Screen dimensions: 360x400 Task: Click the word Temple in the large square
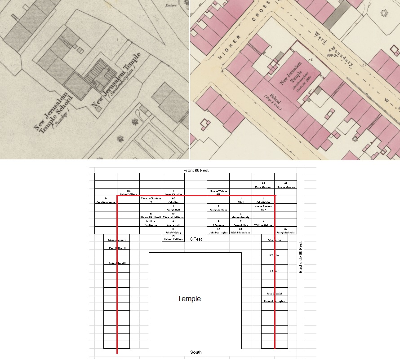189,299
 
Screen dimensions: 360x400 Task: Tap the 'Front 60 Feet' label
196,171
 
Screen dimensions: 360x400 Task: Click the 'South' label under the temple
196,352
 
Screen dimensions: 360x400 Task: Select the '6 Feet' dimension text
196,239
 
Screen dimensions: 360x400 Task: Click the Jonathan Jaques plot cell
106,200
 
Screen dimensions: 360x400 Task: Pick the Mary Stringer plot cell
263,185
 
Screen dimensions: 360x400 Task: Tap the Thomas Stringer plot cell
286,185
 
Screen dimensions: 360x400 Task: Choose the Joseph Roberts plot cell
286,231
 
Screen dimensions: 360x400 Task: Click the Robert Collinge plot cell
173,238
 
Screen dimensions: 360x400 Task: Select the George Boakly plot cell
240,215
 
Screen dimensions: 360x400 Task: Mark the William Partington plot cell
151,223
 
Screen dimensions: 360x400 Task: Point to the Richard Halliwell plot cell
151,215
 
